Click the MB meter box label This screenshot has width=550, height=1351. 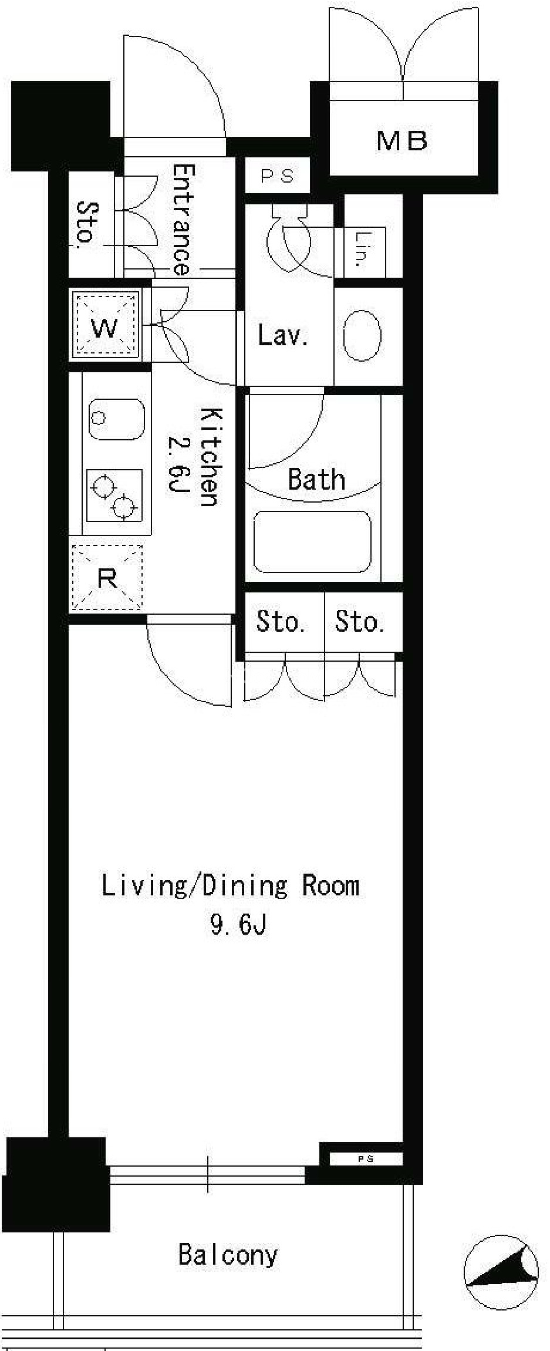(x=402, y=141)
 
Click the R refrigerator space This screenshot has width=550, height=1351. (x=107, y=579)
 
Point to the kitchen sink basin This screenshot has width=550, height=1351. (x=116, y=420)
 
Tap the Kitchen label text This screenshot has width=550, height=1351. (x=210, y=456)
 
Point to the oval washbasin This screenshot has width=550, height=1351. (x=362, y=335)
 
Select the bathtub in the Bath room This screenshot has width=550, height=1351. (x=312, y=541)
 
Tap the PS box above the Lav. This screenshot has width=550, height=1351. (x=277, y=176)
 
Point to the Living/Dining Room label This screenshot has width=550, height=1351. (x=230, y=886)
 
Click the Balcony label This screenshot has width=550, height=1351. (x=228, y=1255)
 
